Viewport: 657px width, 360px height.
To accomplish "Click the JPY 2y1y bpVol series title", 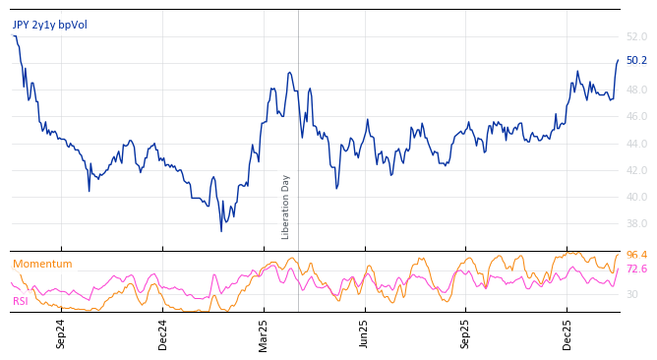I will [49, 25].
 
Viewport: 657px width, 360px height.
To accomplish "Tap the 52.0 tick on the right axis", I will [636, 36].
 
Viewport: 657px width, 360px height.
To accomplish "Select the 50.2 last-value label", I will [636, 61].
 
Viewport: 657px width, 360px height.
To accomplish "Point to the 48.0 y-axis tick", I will [636, 90].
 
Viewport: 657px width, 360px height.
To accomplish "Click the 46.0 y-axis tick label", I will [636, 117].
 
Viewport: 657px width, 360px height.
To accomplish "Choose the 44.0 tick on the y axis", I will [636, 144].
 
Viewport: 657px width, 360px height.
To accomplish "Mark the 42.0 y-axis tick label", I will [636, 170].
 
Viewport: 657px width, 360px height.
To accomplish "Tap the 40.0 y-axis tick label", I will [636, 197].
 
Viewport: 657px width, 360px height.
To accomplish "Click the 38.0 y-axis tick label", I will [636, 224].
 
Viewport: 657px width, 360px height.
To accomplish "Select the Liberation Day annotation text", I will [286, 207].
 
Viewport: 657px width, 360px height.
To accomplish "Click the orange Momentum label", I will [42, 265].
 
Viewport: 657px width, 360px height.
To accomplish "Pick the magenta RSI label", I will [20, 301].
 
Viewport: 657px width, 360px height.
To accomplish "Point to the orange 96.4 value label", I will [636, 256].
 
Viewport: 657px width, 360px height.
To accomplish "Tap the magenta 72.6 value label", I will [636, 270].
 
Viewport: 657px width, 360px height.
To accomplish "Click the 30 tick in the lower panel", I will [632, 295].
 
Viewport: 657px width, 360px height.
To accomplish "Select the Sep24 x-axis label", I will [61, 333].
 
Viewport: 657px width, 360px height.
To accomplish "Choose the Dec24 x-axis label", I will [163, 333].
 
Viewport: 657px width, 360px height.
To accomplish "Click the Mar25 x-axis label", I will [264, 333].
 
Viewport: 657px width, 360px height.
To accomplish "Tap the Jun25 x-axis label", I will [364, 333].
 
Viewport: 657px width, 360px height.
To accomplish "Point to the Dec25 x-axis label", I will [567, 333].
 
